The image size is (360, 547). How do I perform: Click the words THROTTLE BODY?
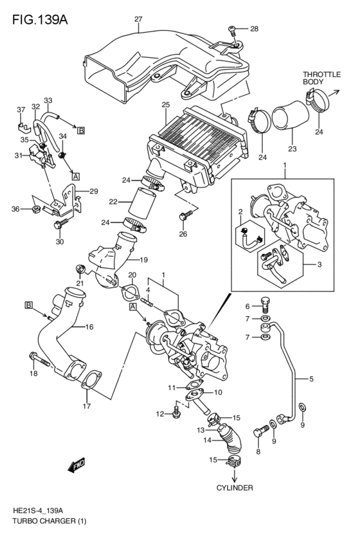point(321,79)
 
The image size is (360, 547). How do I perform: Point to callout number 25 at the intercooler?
point(165,104)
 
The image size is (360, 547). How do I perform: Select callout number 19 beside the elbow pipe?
point(144,260)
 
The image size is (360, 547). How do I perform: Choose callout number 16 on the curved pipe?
point(89,327)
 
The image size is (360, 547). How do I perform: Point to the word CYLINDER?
point(234,488)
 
